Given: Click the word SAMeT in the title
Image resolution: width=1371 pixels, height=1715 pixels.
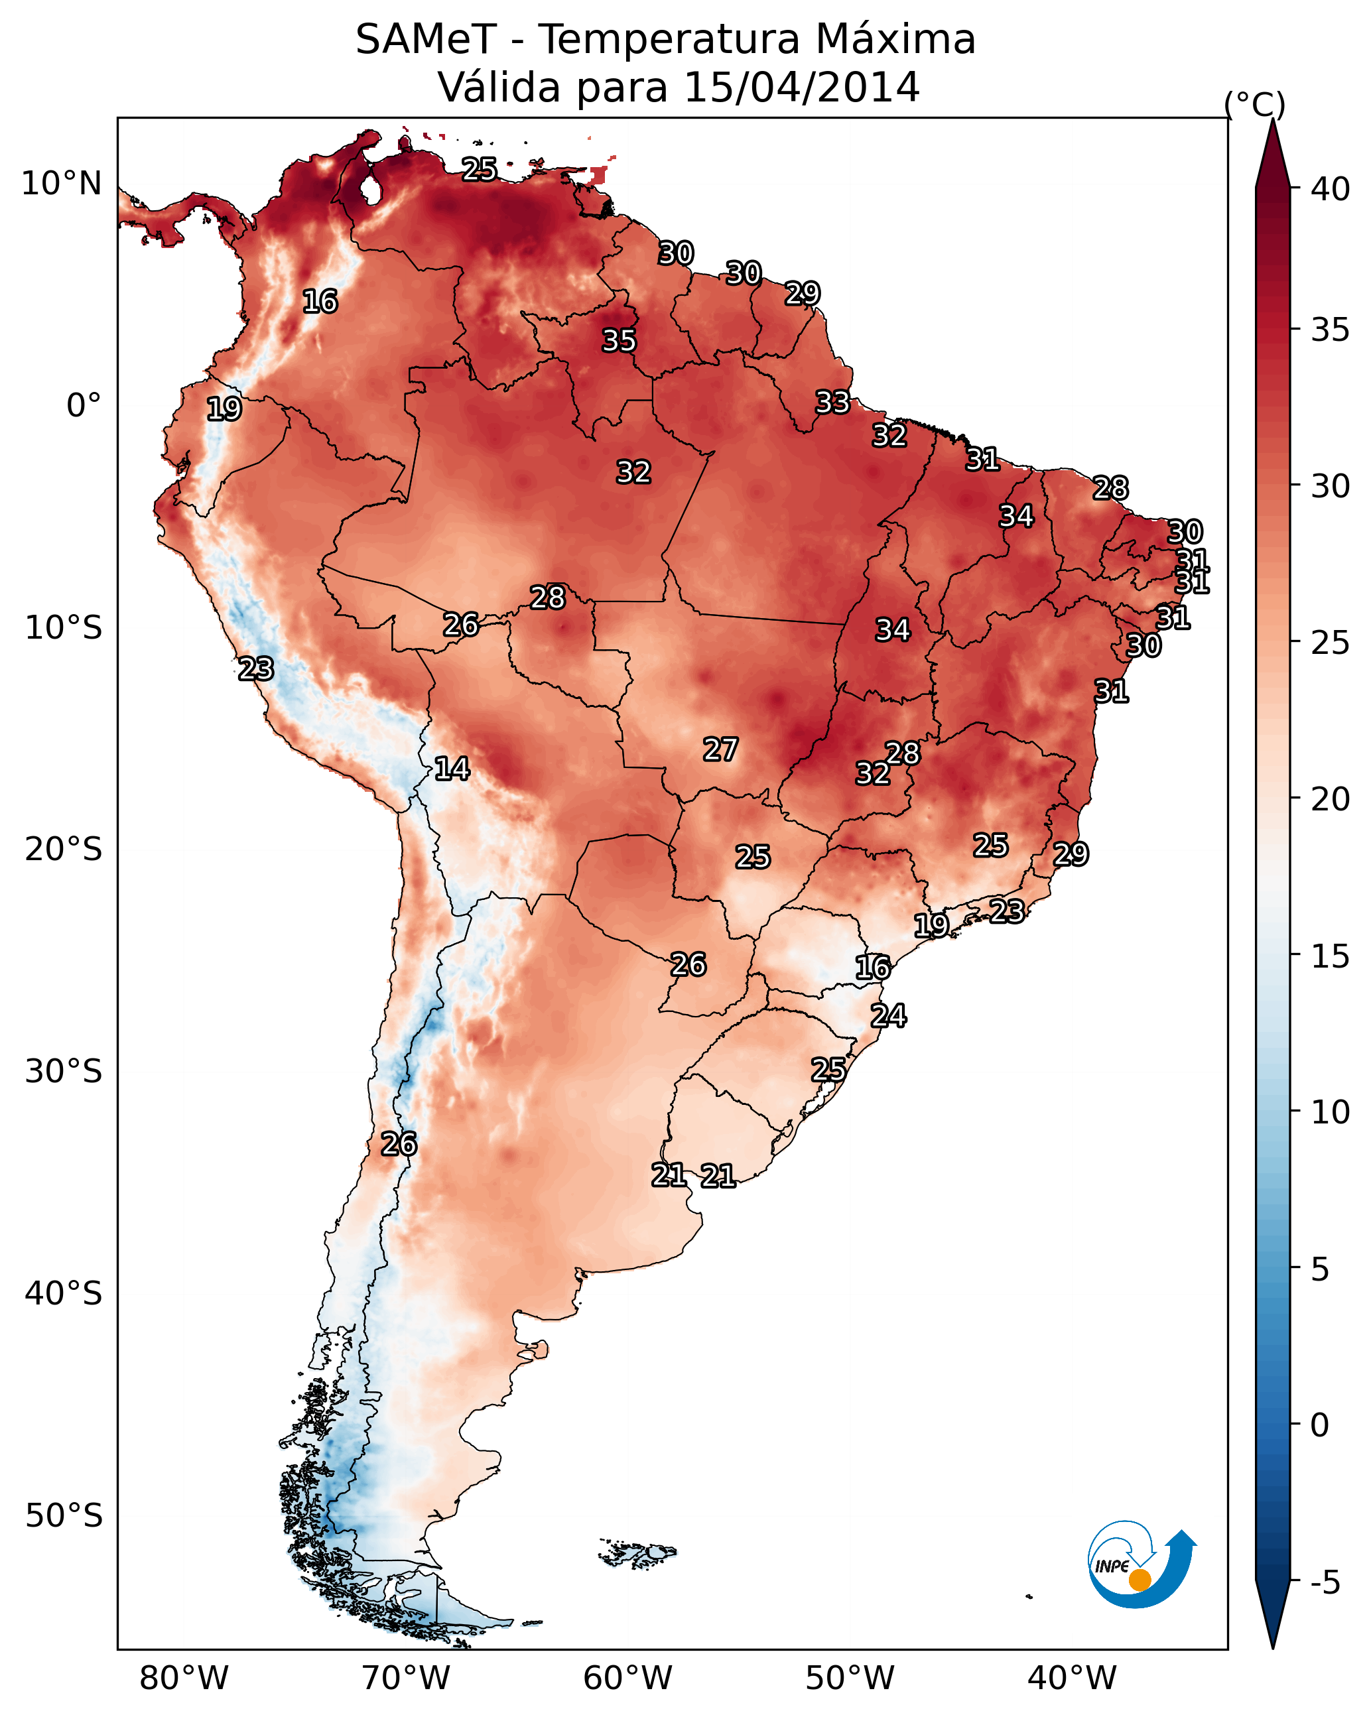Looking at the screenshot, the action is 426,40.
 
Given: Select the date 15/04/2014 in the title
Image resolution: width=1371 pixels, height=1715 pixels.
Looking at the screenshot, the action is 801,88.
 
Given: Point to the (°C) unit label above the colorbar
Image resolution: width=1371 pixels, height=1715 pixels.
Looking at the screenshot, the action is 1255,104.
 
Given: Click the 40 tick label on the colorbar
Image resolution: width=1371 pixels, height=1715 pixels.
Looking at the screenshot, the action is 1331,189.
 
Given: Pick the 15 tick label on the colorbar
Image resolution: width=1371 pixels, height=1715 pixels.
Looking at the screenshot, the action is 1331,956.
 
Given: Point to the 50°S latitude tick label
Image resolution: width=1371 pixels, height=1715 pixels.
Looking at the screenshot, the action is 64,1516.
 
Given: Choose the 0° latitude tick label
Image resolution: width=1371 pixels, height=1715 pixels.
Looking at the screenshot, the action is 84,406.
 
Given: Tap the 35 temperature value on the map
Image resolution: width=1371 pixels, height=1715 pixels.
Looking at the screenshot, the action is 619,340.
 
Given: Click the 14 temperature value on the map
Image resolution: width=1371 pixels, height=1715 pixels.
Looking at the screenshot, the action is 452,769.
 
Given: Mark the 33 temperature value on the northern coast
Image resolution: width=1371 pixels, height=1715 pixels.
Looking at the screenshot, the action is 832,403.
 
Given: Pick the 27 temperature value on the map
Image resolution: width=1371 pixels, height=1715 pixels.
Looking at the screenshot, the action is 720,749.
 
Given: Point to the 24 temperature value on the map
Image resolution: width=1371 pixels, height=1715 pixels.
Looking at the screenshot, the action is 888,1016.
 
